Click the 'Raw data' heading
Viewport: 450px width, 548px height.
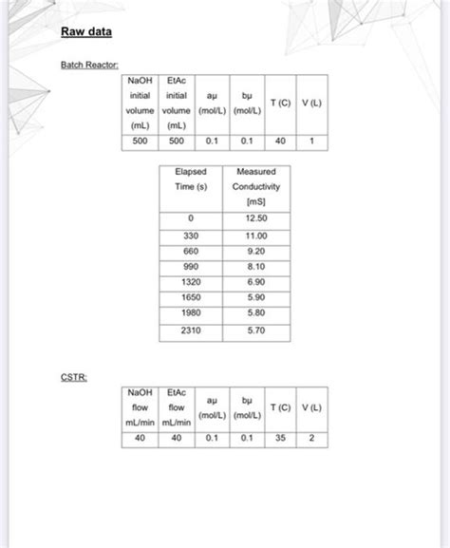pos(86,33)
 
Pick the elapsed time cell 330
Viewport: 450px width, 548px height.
pos(190,235)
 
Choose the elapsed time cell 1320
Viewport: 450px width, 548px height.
pos(190,283)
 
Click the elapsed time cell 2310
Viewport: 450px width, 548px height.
pos(190,331)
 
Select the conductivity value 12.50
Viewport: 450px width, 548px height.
pos(254,218)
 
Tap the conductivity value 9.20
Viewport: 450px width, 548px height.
pos(254,251)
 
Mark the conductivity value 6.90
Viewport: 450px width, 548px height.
pos(254,283)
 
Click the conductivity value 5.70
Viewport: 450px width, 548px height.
pos(254,331)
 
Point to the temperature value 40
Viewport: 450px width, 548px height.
pos(280,141)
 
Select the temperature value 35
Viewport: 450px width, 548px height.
pos(280,438)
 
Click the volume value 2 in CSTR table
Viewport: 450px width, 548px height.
pos(311,438)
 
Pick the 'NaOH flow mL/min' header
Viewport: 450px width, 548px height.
pos(140,406)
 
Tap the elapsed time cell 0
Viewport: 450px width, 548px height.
pos(190,218)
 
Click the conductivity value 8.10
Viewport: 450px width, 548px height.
pos(254,267)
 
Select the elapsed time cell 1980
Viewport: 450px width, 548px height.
pos(190,312)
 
